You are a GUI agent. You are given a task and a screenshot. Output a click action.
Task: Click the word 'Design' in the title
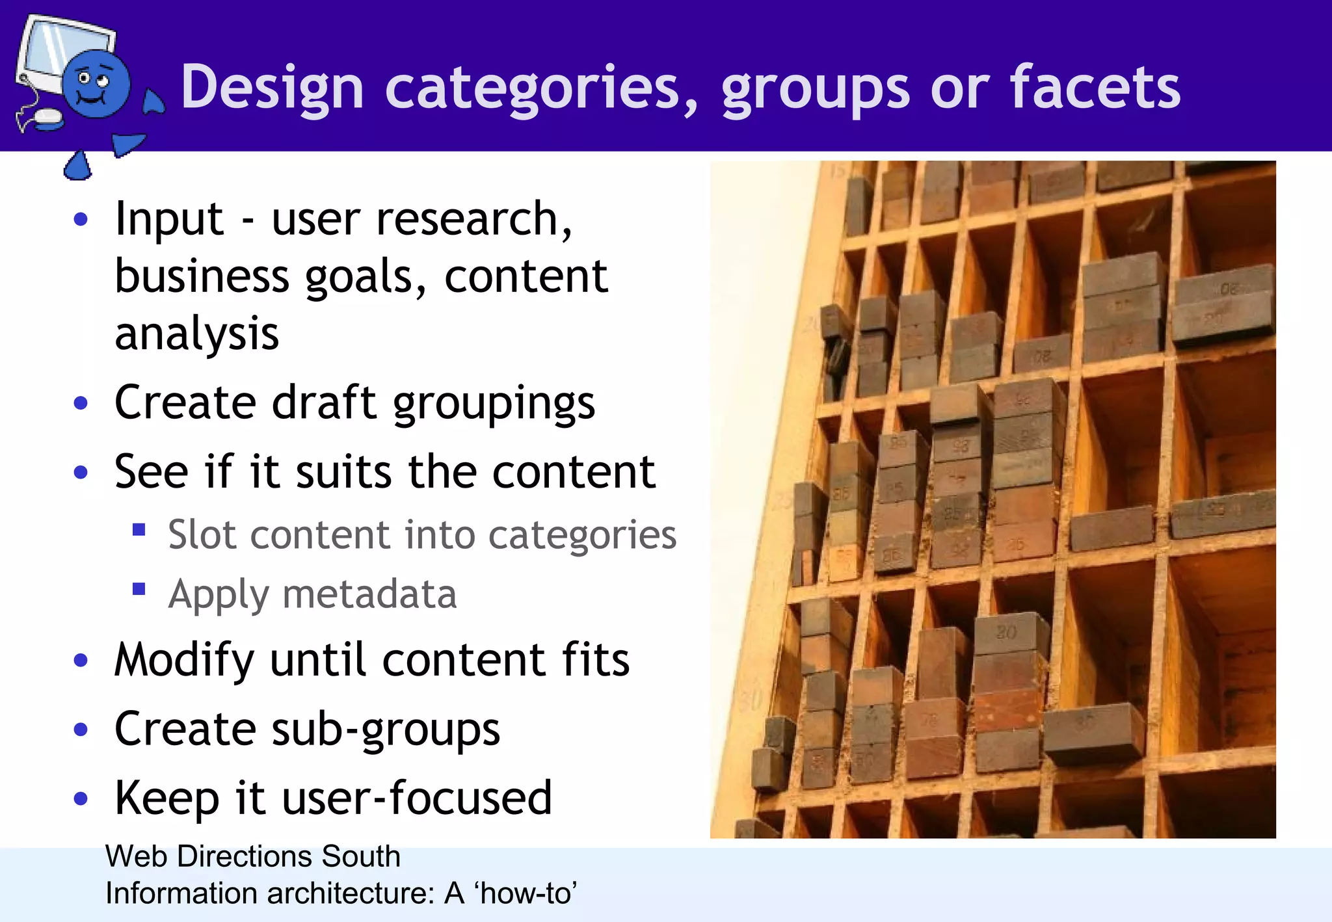[272, 88]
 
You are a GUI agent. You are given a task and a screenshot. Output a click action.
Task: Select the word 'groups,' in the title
[816, 88]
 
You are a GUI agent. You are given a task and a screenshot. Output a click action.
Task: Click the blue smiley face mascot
[96, 85]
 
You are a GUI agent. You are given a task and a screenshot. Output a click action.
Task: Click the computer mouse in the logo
[47, 118]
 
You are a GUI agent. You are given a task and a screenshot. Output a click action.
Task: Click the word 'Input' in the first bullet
[169, 219]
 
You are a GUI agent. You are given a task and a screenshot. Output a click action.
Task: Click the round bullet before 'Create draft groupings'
[81, 403]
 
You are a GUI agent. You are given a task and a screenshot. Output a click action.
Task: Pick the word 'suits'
[343, 471]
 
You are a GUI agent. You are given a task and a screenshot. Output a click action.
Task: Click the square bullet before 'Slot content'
[139, 529]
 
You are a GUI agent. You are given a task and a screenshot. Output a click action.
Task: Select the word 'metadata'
[369, 594]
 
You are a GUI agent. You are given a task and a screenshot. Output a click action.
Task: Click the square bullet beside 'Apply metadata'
[139, 589]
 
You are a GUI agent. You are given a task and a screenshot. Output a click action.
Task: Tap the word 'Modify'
[184, 661]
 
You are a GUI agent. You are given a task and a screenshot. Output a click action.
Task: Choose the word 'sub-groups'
[386, 730]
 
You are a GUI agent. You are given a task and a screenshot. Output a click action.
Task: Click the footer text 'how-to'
[526, 894]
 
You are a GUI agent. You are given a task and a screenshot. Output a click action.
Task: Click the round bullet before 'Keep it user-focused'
[81, 798]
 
